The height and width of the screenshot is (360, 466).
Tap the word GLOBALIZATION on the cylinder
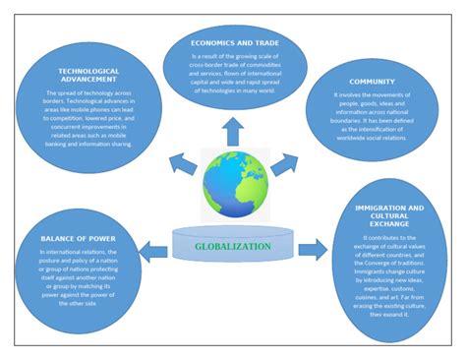click(233, 246)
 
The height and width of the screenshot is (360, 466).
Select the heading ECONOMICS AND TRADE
click(233, 43)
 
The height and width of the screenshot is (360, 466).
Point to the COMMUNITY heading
click(372, 84)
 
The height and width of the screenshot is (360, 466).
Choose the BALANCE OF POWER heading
click(78, 239)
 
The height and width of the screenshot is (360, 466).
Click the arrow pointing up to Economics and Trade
click(234, 127)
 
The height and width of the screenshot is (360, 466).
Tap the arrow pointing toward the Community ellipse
click(285, 162)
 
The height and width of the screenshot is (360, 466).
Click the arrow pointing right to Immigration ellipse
click(313, 247)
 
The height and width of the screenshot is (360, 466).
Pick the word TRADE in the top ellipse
click(259, 43)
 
